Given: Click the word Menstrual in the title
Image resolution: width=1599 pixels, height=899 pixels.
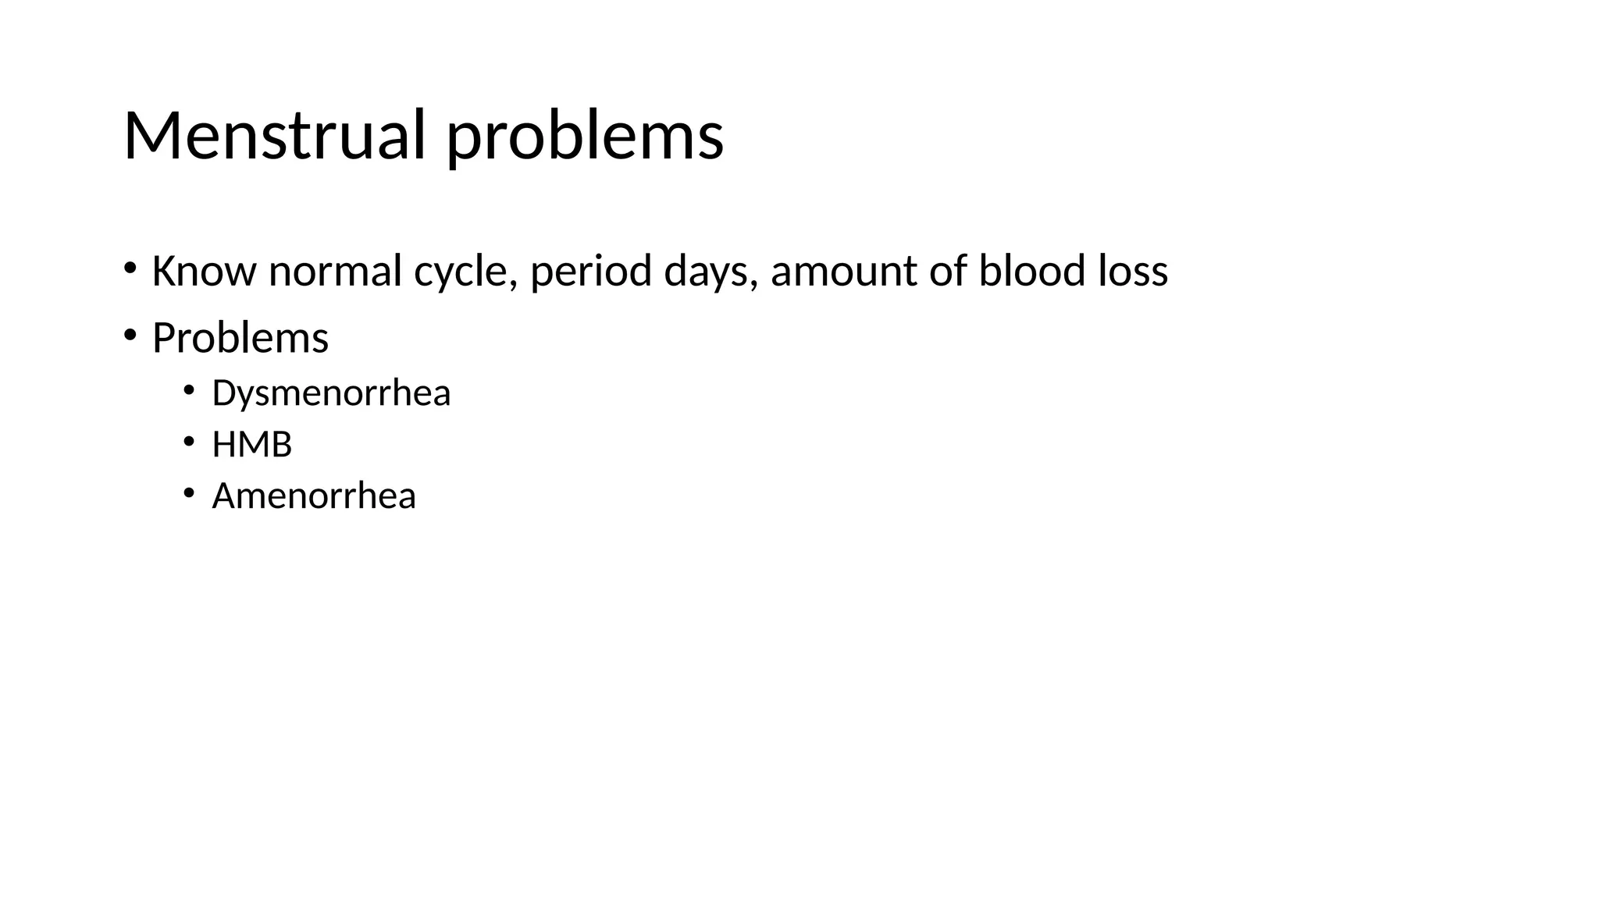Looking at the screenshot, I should click(x=274, y=136).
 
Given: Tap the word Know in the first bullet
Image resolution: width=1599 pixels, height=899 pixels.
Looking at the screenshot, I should click(x=204, y=272).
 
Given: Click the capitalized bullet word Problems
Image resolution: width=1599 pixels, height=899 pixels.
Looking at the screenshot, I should click(x=240, y=339).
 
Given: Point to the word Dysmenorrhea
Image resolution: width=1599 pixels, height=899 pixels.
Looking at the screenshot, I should click(x=331, y=393).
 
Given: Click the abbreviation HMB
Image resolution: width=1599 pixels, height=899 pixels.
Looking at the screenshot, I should click(x=251, y=445).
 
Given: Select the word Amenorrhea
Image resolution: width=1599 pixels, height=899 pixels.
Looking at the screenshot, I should click(x=314, y=496).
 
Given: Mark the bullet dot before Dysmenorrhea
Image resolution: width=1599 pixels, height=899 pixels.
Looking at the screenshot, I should click(x=188, y=389).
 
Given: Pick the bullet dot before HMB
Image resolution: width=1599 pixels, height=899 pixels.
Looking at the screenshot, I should click(x=188, y=442).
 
